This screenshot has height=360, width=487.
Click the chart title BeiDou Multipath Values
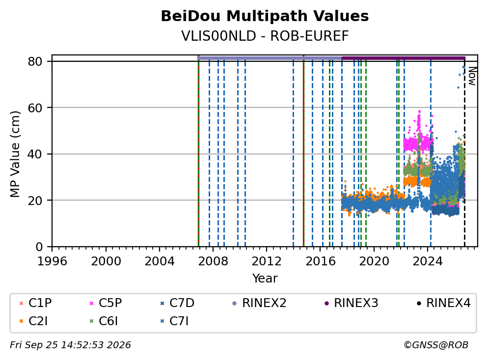pos(265,16)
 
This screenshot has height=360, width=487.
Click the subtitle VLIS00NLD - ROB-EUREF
pos(265,36)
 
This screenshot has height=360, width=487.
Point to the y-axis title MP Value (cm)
pos(15,154)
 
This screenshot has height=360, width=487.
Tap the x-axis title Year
pos(265,279)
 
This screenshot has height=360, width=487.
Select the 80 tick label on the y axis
pos(35,61)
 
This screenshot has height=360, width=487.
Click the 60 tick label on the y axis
pos(35,108)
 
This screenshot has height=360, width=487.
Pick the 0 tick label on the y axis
pos(39,247)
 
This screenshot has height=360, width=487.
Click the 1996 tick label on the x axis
pos(52,261)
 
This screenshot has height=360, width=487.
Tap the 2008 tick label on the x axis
pos(213,261)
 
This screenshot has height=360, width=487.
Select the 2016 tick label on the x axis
pos(321,261)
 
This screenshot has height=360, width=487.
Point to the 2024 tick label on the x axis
pos(428,261)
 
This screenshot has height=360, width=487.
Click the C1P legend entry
pos(35,303)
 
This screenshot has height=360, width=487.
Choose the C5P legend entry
pos(106,303)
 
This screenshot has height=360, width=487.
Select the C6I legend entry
pos(104,321)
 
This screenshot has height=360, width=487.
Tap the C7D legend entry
pos(177,303)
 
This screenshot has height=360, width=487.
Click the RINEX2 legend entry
pos(259,303)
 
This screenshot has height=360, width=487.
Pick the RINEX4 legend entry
pos(444,303)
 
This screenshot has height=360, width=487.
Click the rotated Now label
pos(472,77)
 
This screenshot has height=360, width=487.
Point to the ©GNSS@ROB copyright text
pos(436,345)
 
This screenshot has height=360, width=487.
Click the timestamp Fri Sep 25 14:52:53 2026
pos(70,345)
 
